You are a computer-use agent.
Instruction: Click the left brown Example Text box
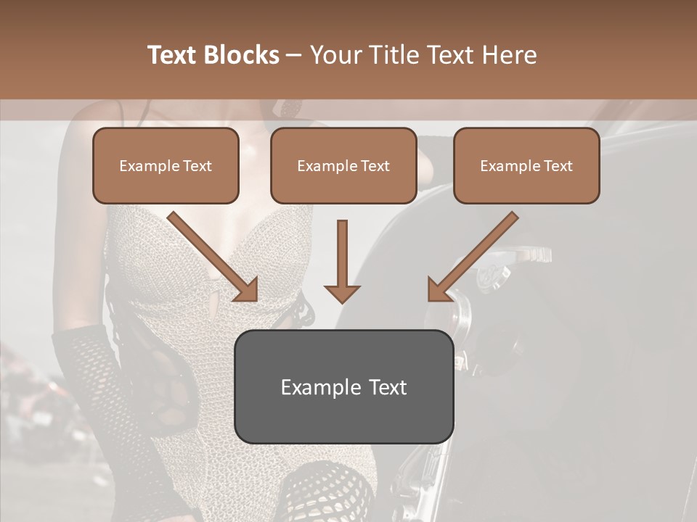coord(166,166)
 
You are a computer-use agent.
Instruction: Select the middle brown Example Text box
coord(343,166)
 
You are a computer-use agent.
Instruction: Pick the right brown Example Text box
coord(526,166)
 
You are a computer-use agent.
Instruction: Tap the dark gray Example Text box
coord(344,386)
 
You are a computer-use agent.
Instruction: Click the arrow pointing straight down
coord(342,261)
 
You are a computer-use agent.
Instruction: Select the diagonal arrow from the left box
coord(211,254)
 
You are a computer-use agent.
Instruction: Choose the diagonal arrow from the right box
coord(476,254)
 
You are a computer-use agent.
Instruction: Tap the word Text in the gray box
coord(388,387)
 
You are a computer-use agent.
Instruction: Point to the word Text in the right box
coord(558,166)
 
